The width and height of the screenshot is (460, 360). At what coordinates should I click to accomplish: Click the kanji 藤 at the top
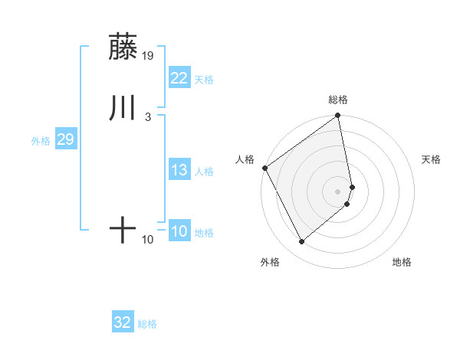[x=123, y=47]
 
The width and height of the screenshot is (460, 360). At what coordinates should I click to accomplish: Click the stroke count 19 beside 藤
[x=148, y=55]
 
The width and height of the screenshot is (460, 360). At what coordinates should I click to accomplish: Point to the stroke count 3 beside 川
[x=147, y=116]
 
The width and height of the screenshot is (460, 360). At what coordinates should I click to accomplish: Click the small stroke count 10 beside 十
[x=148, y=240]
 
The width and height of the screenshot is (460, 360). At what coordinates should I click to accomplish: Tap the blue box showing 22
[x=179, y=78]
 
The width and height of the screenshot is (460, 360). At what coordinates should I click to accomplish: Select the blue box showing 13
[x=179, y=170]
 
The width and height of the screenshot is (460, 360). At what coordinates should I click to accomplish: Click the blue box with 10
[x=179, y=231]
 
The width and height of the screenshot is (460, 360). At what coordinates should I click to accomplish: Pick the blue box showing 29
[x=65, y=139]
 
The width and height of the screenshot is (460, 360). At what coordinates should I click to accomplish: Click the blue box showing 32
[x=123, y=323]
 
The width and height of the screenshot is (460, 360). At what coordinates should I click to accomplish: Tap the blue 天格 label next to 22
[x=204, y=80]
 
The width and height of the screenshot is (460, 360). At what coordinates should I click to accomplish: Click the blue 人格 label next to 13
[x=204, y=172]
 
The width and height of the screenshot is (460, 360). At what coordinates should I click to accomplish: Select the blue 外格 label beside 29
[x=41, y=141]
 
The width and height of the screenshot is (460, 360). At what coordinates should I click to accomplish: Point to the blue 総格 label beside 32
[x=147, y=325]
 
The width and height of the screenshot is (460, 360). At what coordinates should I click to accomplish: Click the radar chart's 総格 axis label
[x=338, y=100]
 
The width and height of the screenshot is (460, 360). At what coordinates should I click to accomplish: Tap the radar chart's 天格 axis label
[x=431, y=159]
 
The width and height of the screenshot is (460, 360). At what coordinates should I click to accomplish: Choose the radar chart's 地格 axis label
[x=402, y=263]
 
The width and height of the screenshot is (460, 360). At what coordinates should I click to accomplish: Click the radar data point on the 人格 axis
[x=264, y=168]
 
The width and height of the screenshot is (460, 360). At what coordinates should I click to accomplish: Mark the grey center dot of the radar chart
[x=338, y=191]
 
